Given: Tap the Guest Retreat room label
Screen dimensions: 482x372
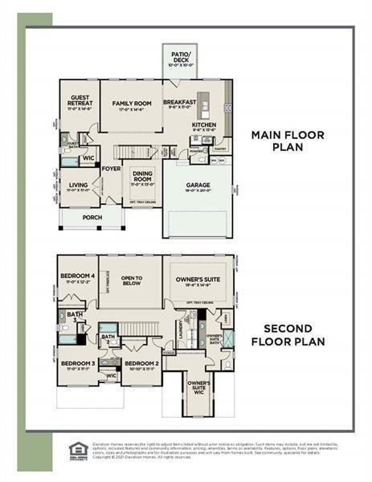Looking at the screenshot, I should tap(78, 101).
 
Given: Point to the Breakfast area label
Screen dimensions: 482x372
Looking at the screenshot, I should tap(180, 103).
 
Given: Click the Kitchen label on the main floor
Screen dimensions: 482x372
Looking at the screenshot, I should tap(204, 125).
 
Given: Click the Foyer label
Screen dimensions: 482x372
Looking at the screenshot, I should tap(111, 169).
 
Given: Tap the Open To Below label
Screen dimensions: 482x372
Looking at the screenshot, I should tap(132, 280).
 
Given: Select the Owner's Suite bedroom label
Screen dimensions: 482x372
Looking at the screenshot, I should tap(198, 280).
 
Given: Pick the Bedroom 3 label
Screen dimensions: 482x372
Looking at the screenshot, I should tap(77, 363).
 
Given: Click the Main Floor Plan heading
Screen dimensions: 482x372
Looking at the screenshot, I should tap(288, 141).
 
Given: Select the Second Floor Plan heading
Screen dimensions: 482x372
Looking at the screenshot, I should tap(288, 335).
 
